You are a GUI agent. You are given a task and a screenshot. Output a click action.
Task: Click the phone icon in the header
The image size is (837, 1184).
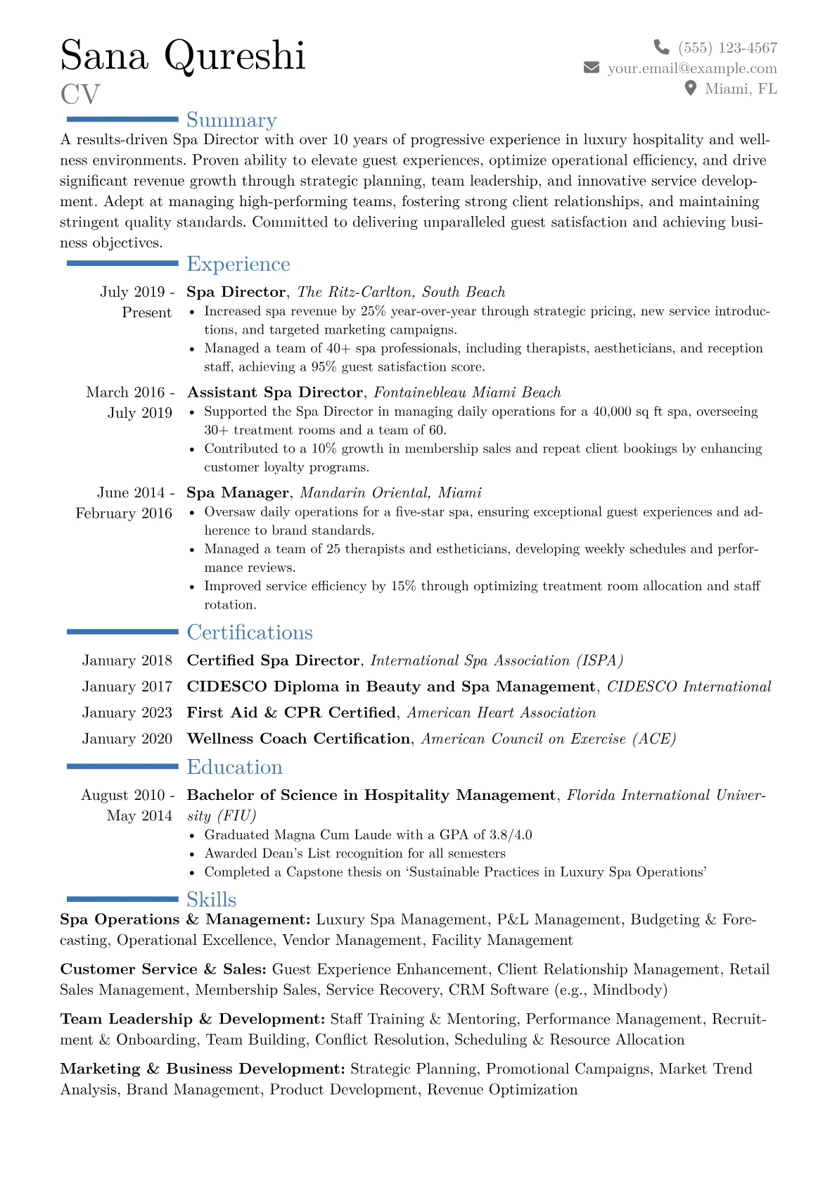[x=661, y=47]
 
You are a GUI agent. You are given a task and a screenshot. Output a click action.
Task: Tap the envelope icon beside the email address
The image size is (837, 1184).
[x=592, y=68]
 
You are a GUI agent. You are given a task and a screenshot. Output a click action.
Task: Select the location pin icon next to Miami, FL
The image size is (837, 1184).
[x=691, y=88]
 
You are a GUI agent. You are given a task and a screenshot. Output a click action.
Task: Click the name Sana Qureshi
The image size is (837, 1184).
[x=183, y=56]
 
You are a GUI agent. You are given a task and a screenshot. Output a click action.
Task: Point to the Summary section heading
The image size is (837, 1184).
[x=231, y=120]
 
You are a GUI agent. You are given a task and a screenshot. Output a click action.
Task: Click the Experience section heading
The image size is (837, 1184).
[x=238, y=264]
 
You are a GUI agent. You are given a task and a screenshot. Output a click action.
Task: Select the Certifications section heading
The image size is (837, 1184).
[x=250, y=632]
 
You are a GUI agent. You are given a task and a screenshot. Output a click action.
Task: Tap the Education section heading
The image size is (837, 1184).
[x=234, y=767]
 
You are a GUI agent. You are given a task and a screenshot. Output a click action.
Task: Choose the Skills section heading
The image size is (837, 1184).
[x=211, y=900]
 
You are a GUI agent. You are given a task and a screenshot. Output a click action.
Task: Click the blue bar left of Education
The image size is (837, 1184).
[x=122, y=766]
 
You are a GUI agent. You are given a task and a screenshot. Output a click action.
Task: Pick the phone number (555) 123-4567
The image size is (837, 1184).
[x=727, y=48]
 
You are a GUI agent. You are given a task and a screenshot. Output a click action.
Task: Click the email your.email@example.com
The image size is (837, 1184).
[x=692, y=68]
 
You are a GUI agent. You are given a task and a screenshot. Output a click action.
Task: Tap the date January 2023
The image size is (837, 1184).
[x=127, y=713]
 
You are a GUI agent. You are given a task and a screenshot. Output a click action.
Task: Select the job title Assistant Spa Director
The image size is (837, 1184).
[x=275, y=393]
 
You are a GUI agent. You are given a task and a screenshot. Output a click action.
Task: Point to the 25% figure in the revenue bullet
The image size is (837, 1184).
[x=373, y=311]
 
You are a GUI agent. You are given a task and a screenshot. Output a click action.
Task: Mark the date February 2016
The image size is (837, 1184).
[x=124, y=514]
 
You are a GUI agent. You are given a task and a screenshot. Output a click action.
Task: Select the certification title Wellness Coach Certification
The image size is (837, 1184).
[x=298, y=739]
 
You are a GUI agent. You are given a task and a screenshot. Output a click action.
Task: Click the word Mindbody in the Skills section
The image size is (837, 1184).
[x=627, y=990]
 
